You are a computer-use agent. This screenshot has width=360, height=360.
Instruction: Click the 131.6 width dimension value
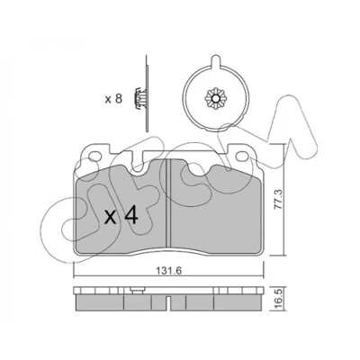(x=169, y=271)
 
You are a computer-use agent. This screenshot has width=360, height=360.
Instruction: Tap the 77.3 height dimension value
(x=279, y=199)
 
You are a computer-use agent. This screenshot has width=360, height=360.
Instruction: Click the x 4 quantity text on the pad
(x=121, y=216)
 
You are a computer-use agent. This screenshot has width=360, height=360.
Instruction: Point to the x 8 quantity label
(x=113, y=99)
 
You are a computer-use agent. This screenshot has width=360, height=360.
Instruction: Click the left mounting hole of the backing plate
(x=95, y=157)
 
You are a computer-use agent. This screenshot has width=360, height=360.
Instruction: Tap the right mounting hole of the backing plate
(x=241, y=157)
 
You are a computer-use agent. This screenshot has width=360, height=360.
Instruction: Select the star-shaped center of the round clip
(x=215, y=99)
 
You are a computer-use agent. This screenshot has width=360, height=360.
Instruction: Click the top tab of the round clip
(x=215, y=60)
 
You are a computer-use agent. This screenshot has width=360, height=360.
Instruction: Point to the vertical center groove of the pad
(x=168, y=205)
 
